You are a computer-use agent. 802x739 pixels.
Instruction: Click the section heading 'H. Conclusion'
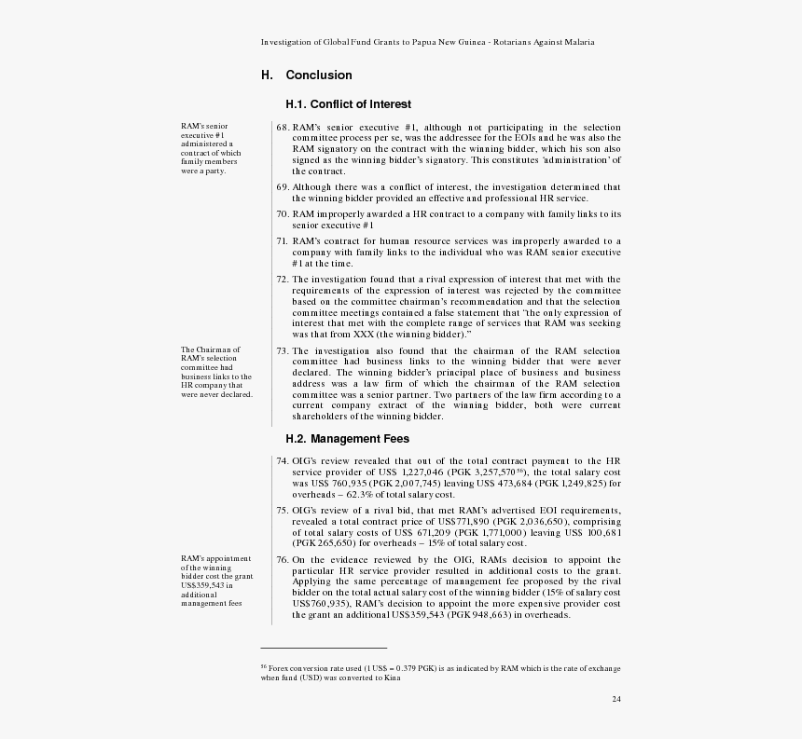tap(306, 75)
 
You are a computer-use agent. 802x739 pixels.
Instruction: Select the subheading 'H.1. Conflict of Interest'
tap(348, 104)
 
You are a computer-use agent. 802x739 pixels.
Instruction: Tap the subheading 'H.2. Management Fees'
tap(347, 438)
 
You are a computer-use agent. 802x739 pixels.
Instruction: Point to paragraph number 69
tap(283, 187)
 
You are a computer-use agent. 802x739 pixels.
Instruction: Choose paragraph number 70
tap(283, 214)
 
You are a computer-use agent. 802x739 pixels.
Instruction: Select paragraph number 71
tap(283, 241)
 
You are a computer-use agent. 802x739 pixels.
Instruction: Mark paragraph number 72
tap(283, 280)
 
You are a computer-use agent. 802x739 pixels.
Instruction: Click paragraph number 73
tap(283, 351)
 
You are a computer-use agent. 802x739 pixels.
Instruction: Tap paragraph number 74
tap(283, 461)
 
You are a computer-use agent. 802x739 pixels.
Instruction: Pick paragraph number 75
tap(283, 511)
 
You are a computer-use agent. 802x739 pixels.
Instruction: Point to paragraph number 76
tap(283, 560)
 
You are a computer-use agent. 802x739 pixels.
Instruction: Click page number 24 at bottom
tap(616, 699)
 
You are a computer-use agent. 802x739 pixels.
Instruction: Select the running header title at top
tap(428, 42)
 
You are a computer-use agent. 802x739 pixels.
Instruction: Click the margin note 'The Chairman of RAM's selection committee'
tap(216, 372)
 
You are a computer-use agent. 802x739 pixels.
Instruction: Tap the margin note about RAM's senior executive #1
tap(211, 148)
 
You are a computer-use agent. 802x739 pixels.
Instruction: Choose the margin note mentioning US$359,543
tap(216, 581)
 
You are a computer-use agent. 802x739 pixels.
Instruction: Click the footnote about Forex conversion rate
tap(440, 672)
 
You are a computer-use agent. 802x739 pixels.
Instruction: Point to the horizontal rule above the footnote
tap(324, 648)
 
